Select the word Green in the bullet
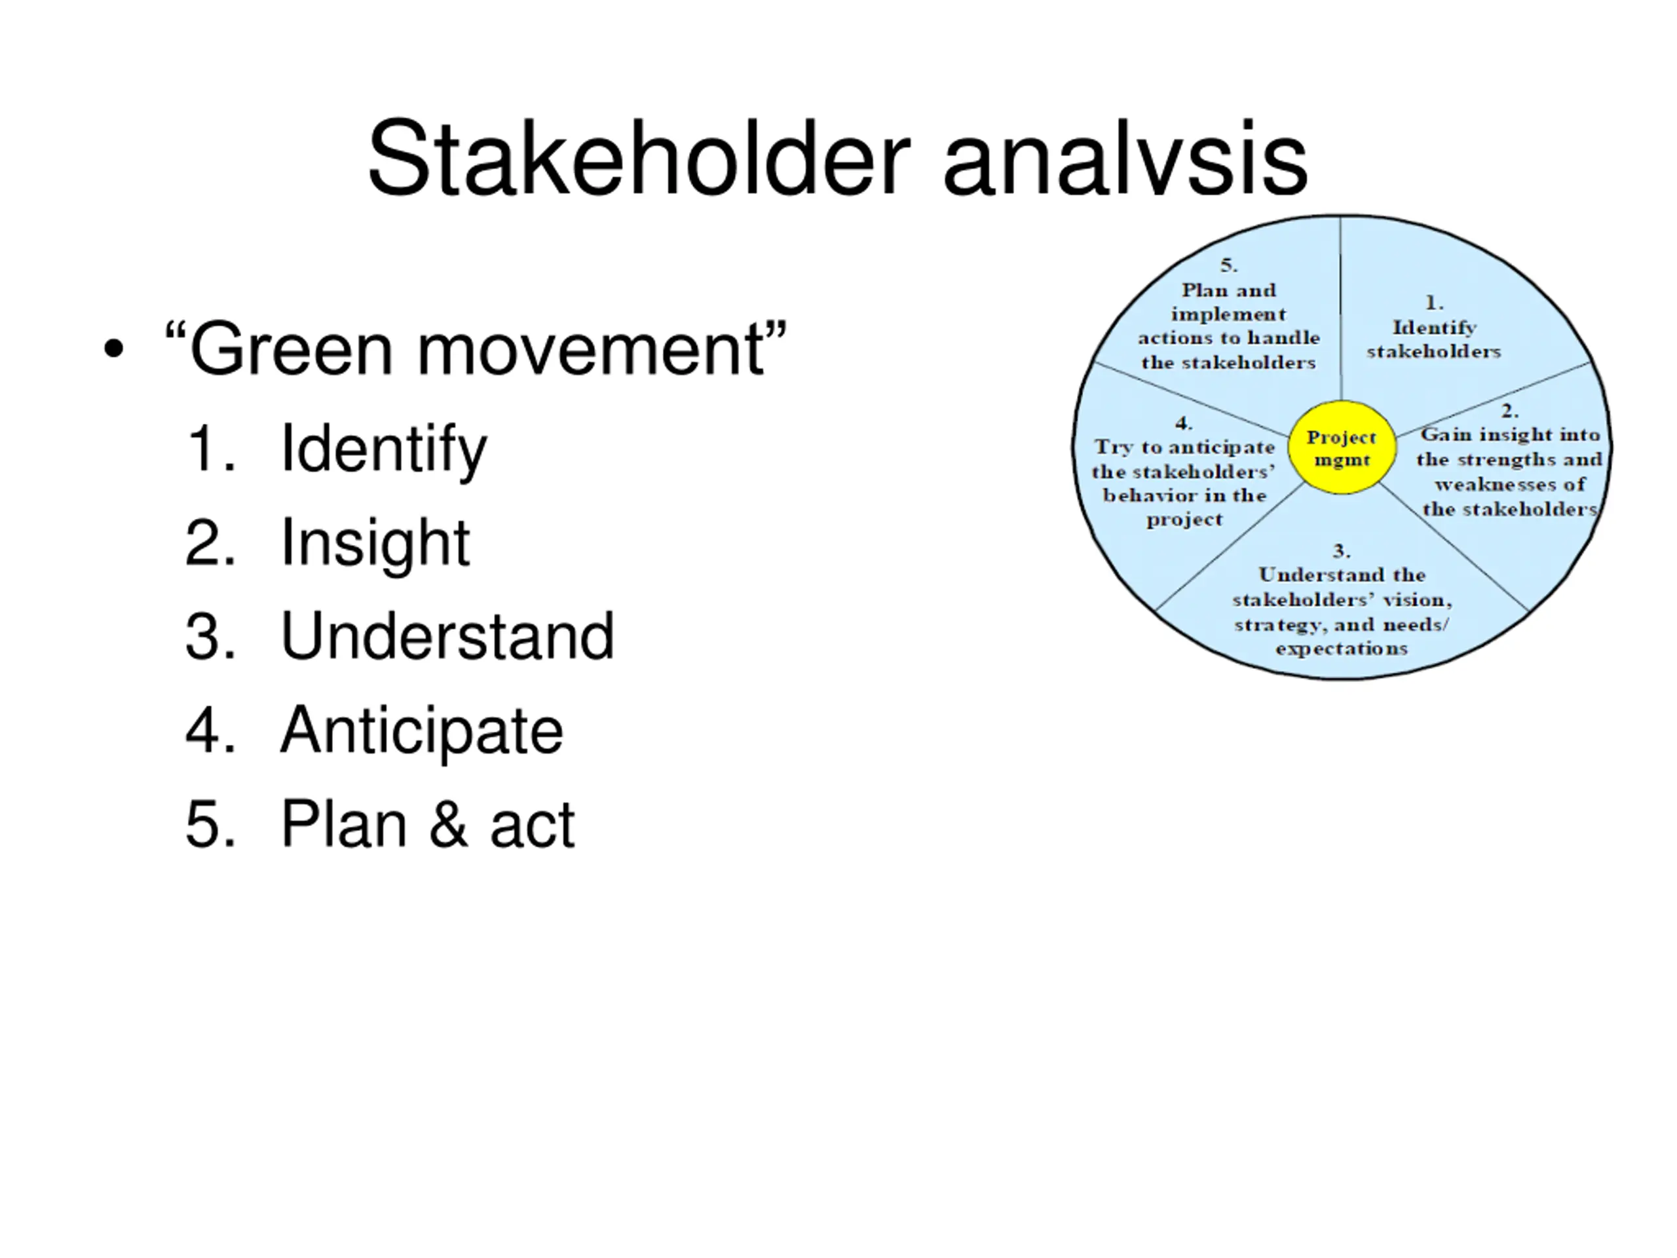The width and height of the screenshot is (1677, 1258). pyautogui.click(x=290, y=350)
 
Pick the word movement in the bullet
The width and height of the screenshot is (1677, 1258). pyautogui.click(x=590, y=350)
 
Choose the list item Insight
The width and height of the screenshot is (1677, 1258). pyautogui.click(x=375, y=542)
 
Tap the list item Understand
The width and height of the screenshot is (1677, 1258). pyautogui.click(x=447, y=636)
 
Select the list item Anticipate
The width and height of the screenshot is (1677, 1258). pyautogui.click(x=421, y=731)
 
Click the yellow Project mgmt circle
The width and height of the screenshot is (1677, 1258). pyautogui.click(x=1342, y=448)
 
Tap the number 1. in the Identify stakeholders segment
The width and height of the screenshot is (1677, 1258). pyautogui.click(x=1435, y=303)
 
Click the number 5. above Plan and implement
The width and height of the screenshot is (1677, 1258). pyautogui.click(x=1229, y=265)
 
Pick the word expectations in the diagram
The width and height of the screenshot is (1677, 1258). pyautogui.click(x=1341, y=649)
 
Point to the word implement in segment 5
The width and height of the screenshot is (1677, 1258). pyautogui.click(x=1228, y=314)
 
